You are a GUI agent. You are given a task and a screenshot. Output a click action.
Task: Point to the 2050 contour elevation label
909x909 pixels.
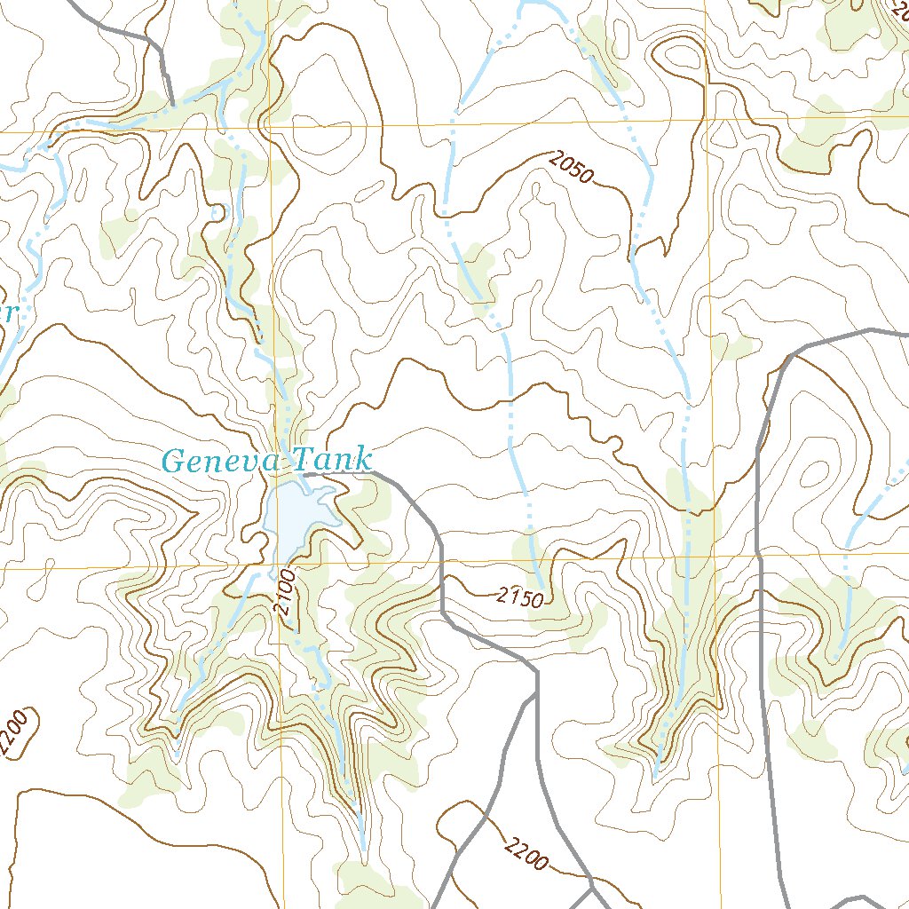(570, 167)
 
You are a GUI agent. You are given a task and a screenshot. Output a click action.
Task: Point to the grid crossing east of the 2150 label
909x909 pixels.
(713, 557)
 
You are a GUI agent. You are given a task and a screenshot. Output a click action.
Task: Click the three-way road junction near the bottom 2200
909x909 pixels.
(592, 884)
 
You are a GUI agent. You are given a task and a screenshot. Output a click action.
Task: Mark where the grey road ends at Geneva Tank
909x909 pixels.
(304, 476)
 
